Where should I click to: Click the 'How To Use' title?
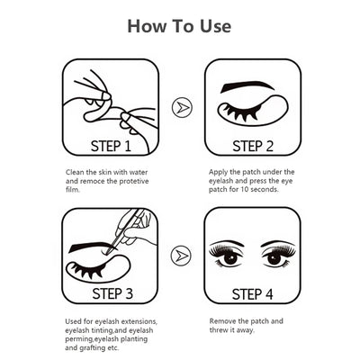coord(179,25)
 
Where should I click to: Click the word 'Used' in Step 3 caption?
coord(76,320)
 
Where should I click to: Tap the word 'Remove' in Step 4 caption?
coord(224,320)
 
